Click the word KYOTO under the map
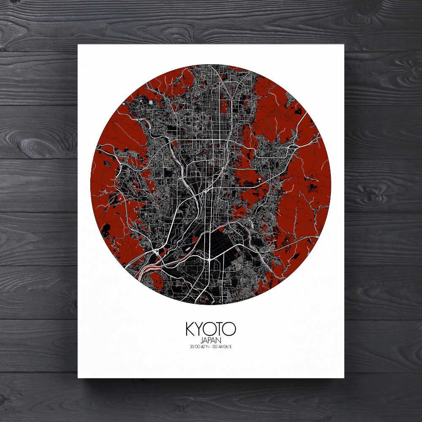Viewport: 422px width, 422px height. pyautogui.click(x=211, y=329)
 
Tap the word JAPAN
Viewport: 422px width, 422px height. pyautogui.click(x=211, y=340)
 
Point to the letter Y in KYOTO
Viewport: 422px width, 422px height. pyautogui.click(x=200, y=329)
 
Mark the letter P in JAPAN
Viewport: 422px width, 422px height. pyautogui.click(x=211, y=340)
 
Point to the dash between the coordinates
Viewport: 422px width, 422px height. pyautogui.click(x=209, y=347)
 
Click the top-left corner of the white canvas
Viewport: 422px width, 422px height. pyautogui.click(x=78, y=44)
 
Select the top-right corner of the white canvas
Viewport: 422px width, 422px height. pyautogui.click(x=344, y=44)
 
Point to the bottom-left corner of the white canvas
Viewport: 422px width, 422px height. pyautogui.click(x=78, y=377)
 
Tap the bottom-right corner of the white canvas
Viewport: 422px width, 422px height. pyautogui.click(x=344, y=377)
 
